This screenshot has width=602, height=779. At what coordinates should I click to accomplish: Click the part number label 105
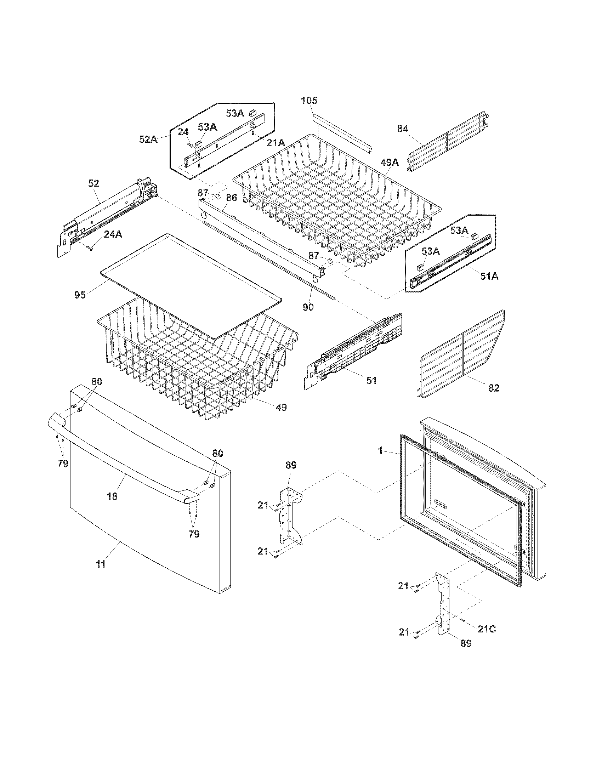point(309,101)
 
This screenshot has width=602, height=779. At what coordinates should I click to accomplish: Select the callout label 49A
point(390,163)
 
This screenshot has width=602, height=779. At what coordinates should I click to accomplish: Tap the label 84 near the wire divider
point(403,129)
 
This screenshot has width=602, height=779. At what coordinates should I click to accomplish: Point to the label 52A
point(148,140)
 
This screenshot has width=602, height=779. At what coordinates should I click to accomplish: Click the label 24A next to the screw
point(113,234)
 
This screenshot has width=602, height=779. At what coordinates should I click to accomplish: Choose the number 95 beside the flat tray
point(80,295)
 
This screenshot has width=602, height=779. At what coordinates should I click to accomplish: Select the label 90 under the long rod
point(308,307)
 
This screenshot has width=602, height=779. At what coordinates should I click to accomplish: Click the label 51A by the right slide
point(489,276)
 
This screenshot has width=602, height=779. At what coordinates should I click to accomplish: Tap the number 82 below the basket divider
point(494,388)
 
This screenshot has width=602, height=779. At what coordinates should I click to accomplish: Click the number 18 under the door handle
point(112,496)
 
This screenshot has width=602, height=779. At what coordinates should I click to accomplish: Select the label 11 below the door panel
point(101,564)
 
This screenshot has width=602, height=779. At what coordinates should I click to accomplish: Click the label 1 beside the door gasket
point(381,451)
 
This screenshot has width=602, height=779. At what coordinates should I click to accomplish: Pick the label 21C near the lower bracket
point(487,630)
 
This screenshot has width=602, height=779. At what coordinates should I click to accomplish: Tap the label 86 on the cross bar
point(232,198)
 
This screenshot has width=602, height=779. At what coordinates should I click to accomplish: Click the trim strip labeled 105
point(342,132)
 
